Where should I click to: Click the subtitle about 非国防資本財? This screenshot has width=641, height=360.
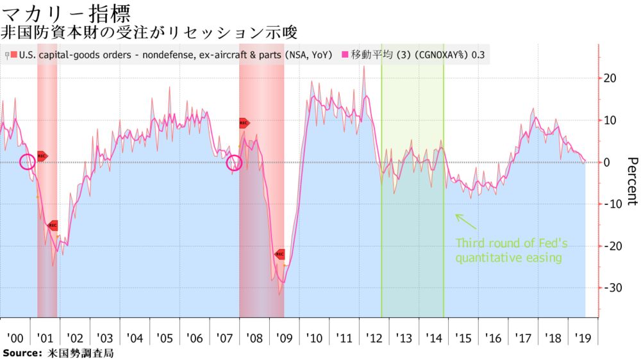[x=151, y=31]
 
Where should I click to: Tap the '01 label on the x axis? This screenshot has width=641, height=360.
[x=46, y=338]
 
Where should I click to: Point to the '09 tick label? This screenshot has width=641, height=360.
[x=284, y=338]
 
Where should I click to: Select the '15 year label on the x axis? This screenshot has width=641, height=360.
[x=463, y=338]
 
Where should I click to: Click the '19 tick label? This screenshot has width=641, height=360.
[x=582, y=338]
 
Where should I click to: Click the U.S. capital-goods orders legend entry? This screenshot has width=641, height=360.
[x=170, y=56]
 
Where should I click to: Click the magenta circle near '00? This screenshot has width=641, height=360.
[x=27, y=162]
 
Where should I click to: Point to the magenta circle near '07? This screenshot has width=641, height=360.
[x=235, y=163]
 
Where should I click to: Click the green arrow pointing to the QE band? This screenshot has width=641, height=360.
[x=465, y=221]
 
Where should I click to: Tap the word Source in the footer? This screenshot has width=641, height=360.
[x=21, y=353]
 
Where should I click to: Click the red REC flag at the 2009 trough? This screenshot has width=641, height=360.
[x=279, y=254]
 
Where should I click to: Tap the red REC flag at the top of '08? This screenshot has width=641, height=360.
[x=244, y=123]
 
